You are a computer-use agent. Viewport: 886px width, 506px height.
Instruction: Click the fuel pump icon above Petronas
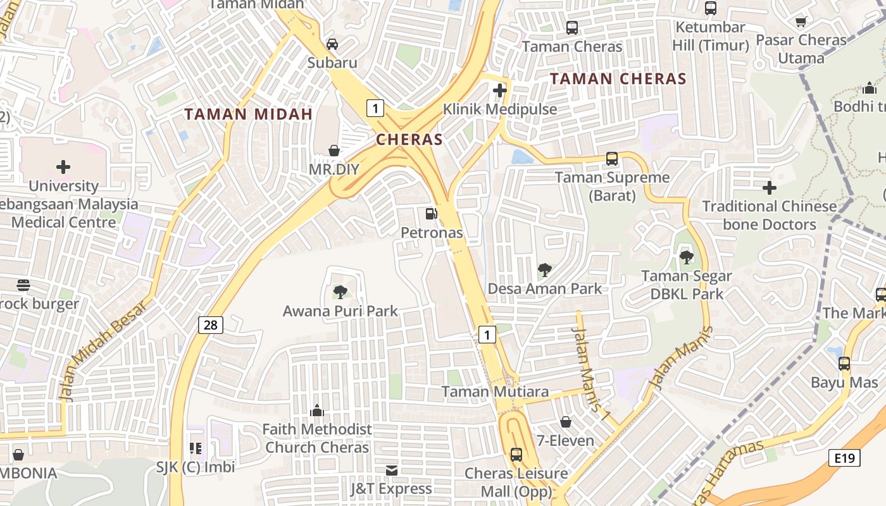(431, 214)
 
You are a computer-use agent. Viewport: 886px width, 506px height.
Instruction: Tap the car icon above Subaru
(332, 44)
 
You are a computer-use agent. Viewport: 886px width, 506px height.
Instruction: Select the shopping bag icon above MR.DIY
(334, 151)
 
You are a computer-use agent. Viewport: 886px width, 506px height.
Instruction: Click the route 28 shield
(211, 325)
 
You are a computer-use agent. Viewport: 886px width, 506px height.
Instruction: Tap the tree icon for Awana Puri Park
(340, 292)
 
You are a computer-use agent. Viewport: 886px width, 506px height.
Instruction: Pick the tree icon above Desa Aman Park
(544, 270)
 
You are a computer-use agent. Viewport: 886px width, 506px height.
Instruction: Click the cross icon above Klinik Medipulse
(500, 90)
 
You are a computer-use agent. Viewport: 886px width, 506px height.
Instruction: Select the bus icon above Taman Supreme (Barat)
(612, 159)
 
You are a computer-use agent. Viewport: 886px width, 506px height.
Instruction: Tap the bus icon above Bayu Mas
(844, 364)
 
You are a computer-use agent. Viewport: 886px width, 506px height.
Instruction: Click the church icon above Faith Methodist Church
(317, 410)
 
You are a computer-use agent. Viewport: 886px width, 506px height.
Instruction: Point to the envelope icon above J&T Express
(392, 470)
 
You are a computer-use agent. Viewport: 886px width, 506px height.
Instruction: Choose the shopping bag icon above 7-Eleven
(566, 422)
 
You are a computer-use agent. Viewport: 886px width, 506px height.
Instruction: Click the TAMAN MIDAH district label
(249, 114)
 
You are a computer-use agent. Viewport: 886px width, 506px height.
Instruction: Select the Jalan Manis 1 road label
(589, 373)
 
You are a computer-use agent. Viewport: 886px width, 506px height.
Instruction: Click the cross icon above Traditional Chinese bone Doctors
(770, 188)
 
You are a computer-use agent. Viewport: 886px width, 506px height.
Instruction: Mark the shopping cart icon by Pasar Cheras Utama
(801, 22)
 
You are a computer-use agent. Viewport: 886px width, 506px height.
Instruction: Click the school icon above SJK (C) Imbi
(196, 448)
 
